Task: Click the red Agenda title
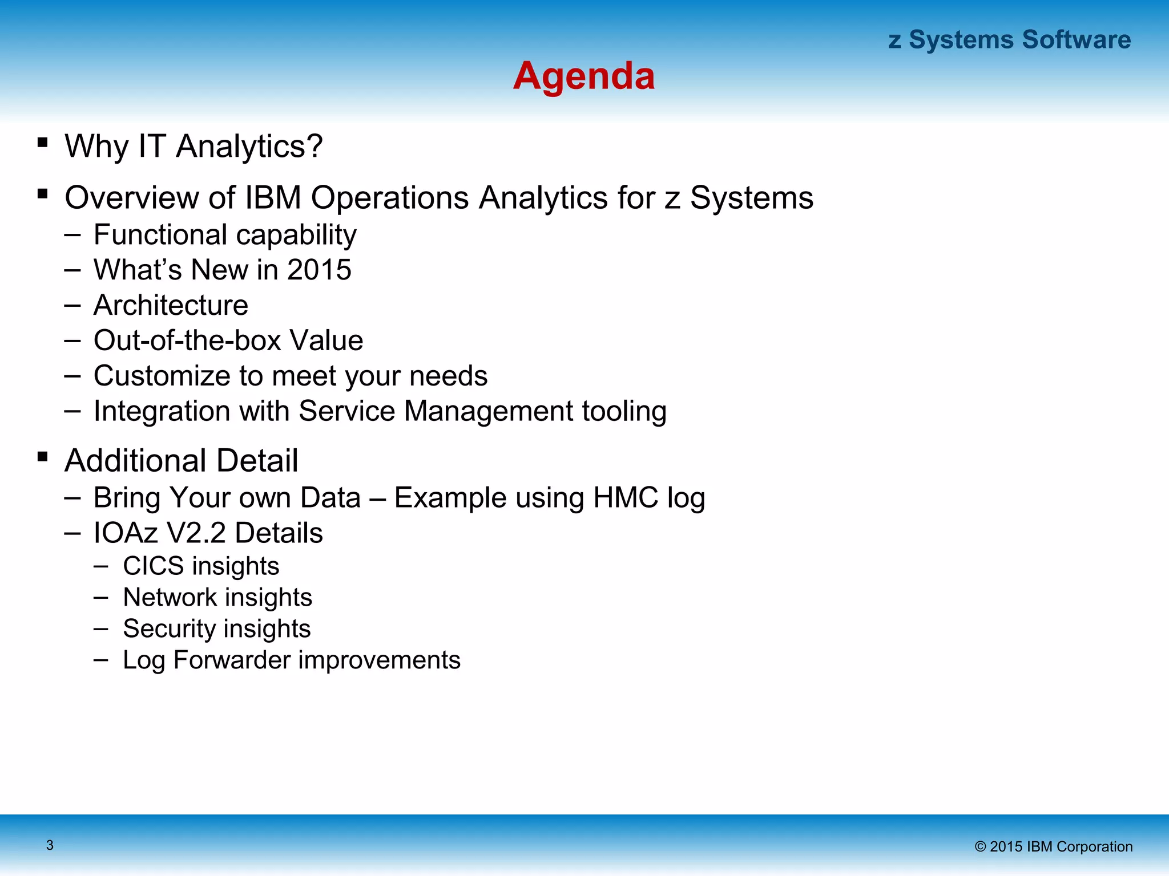point(583,76)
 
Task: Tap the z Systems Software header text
point(1009,40)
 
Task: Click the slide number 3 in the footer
point(50,845)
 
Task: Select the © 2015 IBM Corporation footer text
point(1053,846)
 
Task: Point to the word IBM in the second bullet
point(272,198)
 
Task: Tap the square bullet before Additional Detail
point(42,457)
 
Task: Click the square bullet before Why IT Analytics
point(42,143)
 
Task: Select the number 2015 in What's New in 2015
point(319,270)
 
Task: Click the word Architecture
point(171,305)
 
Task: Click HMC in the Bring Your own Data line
point(626,497)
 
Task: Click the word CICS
point(153,566)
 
